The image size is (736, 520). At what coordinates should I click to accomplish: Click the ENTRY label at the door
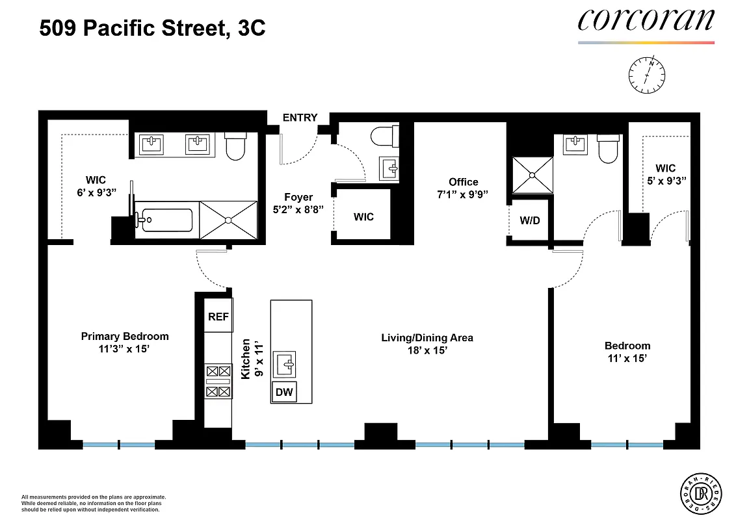pyautogui.click(x=300, y=118)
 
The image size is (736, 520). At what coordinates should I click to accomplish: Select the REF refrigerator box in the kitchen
pyautogui.click(x=218, y=317)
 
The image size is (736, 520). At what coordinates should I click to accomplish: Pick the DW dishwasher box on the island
pyautogui.click(x=284, y=392)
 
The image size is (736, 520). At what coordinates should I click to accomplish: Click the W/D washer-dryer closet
pyautogui.click(x=529, y=221)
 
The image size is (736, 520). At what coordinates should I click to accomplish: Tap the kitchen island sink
pyautogui.click(x=285, y=363)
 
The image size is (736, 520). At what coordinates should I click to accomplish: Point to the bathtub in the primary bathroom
pyautogui.click(x=165, y=220)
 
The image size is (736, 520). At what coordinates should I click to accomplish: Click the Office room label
pyautogui.click(x=463, y=182)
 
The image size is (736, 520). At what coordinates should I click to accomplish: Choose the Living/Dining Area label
pyautogui.click(x=427, y=337)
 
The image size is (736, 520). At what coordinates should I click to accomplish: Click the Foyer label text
pyautogui.click(x=298, y=197)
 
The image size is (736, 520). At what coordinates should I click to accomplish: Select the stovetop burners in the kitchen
pyautogui.click(x=218, y=382)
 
